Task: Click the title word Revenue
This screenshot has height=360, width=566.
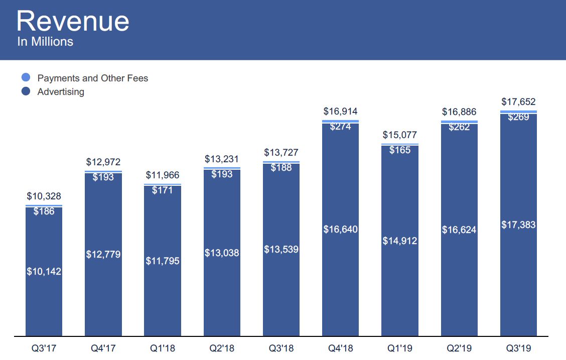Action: click(x=73, y=22)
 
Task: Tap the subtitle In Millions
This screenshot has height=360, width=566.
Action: click(x=45, y=42)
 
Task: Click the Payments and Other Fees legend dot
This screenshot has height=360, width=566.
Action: click(x=27, y=78)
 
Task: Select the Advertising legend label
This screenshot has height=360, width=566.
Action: click(x=61, y=92)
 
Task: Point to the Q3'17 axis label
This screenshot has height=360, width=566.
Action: click(x=44, y=348)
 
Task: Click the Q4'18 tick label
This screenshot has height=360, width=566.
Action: click(x=341, y=348)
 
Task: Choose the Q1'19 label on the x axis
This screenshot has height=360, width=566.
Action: click(x=400, y=348)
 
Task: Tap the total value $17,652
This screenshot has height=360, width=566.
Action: click(x=518, y=102)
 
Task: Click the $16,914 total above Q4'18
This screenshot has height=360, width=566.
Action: click(x=340, y=111)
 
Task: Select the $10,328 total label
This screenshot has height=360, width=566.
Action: click(x=44, y=196)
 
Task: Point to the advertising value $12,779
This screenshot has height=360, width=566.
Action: click(x=103, y=255)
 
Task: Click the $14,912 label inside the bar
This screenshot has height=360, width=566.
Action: click(x=400, y=241)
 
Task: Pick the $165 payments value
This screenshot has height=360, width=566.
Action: click(x=400, y=150)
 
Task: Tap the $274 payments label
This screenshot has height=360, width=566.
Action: click(x=340, y=127)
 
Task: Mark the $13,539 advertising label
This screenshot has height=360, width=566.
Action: click(x=281, y=249)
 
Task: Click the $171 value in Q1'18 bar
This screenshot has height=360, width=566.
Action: click(x=163, y=190)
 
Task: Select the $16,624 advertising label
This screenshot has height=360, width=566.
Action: click(x=459, y=230)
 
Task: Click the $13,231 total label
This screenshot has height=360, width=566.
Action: click(x=222, y=159)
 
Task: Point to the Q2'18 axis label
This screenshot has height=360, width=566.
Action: click(x=222, y=348)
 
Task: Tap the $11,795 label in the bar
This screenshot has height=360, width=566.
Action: click(x=163, y=261)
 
